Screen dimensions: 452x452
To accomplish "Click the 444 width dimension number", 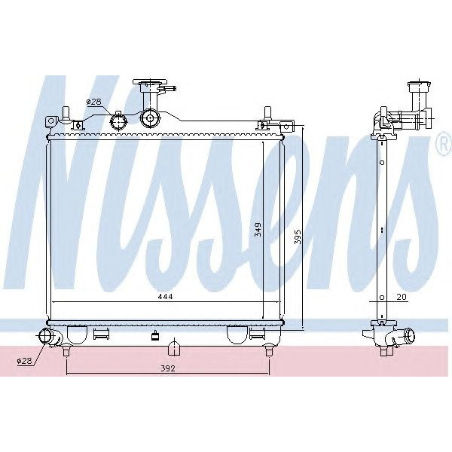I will tap(166, 297).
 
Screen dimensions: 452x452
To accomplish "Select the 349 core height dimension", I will tap(258, 230).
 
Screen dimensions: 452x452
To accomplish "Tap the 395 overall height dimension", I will tap(298, 236).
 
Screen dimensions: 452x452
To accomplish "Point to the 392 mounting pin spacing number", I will tap(168, 368).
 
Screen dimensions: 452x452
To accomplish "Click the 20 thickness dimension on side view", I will tap(402, 297).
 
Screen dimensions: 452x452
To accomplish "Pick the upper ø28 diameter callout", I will tap(93, 102).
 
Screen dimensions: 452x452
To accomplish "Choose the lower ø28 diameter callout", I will tap(25, 362).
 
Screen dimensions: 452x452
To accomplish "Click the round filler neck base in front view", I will tap(151, 118).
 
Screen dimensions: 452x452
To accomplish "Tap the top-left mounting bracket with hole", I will tap(51, 121).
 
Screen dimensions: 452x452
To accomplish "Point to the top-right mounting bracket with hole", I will tap(267, 124).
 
